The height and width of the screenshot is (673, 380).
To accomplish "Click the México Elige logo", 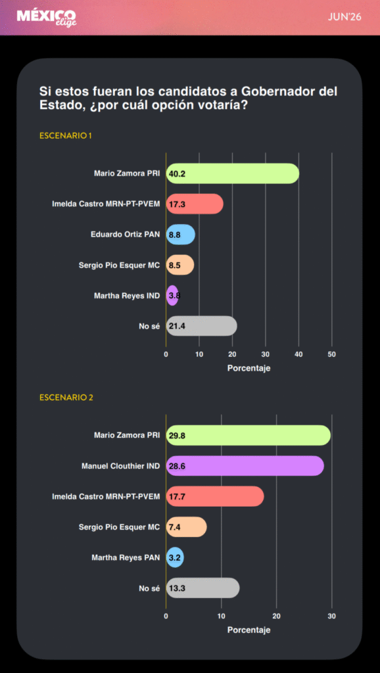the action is (x=47, y=18).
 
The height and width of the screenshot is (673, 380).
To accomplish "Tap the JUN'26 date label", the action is (x=344, y=17).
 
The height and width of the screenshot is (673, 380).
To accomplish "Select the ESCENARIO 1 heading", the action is (x=66, y=135).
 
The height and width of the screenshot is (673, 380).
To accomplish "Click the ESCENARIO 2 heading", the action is (x=66, y=398).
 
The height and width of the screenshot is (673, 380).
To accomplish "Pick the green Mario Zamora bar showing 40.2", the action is (x=233, y=174).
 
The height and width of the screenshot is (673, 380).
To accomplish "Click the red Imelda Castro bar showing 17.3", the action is (x=195, y=204).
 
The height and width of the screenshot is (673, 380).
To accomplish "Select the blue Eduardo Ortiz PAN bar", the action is (x=181, y=235).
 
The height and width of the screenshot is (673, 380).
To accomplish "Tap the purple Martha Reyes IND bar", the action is (x=172, y=295).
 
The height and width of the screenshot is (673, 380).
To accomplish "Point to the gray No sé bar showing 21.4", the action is (x=201, y=326).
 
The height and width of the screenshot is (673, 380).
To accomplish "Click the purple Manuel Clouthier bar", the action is (x=245, y=466).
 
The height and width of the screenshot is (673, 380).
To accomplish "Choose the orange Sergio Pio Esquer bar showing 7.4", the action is (x=186, y=526).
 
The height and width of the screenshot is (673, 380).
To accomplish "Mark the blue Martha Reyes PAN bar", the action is (x=175, y=557).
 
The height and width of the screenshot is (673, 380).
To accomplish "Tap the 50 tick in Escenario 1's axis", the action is (x=332, y=354).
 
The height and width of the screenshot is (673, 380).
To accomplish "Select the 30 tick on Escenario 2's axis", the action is (x=332, y=616).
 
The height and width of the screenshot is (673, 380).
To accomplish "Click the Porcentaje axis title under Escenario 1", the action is (x=249, y=368).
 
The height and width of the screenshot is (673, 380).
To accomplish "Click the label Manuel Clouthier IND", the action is (x=121, y=466).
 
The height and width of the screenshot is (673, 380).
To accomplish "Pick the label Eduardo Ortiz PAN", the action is (x=126, y=235).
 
